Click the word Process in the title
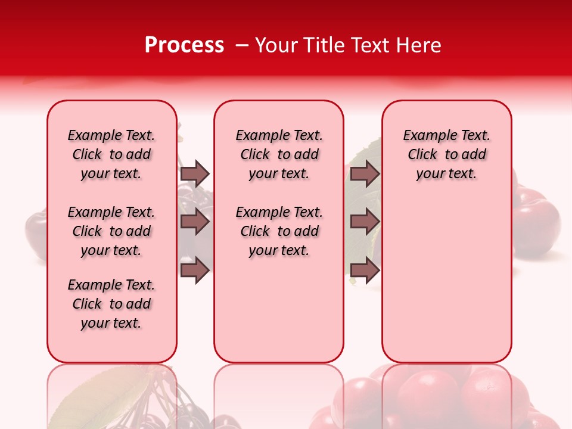coord(184,45)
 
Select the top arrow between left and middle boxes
coord(195,173)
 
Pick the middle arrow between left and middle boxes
coord(195,222)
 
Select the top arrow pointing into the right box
coord(365,173)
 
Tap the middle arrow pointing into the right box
coord(365,222)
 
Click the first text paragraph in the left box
coord(111,154)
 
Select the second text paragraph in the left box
coord(111,231)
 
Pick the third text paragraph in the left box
coord(111,304)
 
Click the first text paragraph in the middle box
coord(279,154)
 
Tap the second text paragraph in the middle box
coord(279,231)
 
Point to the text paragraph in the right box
coord(446,154)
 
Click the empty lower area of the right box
coord(446,280)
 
